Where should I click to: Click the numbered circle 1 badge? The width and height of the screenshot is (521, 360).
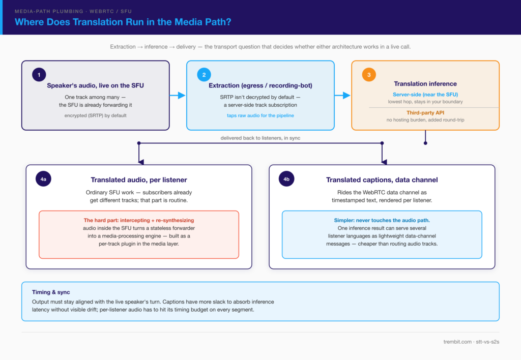[39, 75]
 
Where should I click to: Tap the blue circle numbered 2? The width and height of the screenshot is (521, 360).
[204, 75]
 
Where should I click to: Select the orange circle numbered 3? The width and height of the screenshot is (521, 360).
[369, 75]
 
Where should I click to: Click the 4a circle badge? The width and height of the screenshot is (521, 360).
[43, 179]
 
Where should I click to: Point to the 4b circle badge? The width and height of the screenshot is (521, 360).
[286, 179]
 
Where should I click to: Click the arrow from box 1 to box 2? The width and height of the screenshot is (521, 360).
[178, 96]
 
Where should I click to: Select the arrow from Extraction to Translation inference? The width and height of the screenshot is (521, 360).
[342, 96]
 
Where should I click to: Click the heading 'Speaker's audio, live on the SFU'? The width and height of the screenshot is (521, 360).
[95, 85]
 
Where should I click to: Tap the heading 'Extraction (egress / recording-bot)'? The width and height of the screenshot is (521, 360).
[260, 85]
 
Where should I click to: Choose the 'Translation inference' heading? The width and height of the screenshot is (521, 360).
[425, 84]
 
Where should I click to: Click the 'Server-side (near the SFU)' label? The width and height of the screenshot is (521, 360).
[425, 94]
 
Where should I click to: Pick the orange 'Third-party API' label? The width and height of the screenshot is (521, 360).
[425, 112]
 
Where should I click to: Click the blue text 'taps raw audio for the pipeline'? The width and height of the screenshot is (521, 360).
[260, 115]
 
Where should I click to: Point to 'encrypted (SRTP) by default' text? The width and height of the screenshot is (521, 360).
[95, 115]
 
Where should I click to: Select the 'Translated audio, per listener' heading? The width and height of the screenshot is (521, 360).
[139, 179]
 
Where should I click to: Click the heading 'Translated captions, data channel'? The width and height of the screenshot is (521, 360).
[382, 179]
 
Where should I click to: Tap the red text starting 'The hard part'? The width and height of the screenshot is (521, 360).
[139, 220]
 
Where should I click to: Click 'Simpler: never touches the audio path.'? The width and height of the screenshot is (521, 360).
[382, 220]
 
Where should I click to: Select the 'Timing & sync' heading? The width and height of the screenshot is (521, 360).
[51, 292]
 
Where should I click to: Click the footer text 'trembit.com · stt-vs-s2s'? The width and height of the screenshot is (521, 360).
[471, 342]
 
